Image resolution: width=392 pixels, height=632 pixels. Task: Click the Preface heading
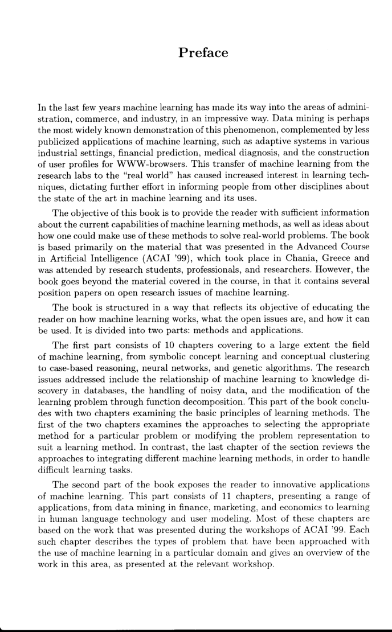(203, 53)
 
